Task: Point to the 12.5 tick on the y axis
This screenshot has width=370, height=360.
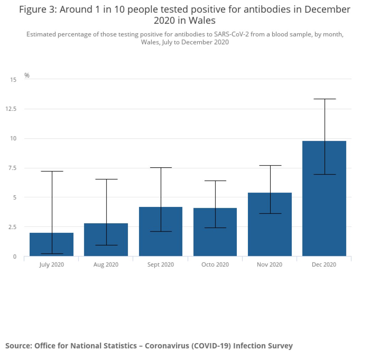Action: [11, 109]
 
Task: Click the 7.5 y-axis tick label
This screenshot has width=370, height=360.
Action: [12, 168]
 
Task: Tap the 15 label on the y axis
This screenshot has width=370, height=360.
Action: [13, 80]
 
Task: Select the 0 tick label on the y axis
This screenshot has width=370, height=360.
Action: [14, 257]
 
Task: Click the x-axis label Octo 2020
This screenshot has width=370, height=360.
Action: [215, 265]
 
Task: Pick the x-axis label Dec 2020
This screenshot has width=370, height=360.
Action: [324, 265]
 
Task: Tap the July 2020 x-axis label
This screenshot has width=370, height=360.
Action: [51, 265]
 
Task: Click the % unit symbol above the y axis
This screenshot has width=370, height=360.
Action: [27, 75]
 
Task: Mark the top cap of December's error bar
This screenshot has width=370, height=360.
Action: [325, 99]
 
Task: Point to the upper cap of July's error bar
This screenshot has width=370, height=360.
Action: [52, 171]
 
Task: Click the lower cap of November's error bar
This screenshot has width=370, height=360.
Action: [270, 213]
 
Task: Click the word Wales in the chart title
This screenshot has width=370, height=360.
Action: [202, 21]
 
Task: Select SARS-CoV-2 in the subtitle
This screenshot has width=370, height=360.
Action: [231, 34]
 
